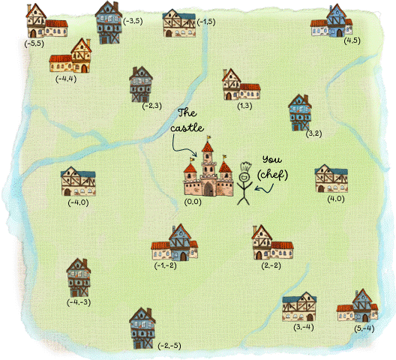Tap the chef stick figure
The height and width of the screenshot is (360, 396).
coord(245,184)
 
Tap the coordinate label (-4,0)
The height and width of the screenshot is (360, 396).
coord(77,202)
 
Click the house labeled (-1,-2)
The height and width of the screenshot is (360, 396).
coord(174,244)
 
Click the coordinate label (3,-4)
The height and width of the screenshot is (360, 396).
coord(304,328)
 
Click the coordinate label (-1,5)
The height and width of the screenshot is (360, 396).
coord(208,23)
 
